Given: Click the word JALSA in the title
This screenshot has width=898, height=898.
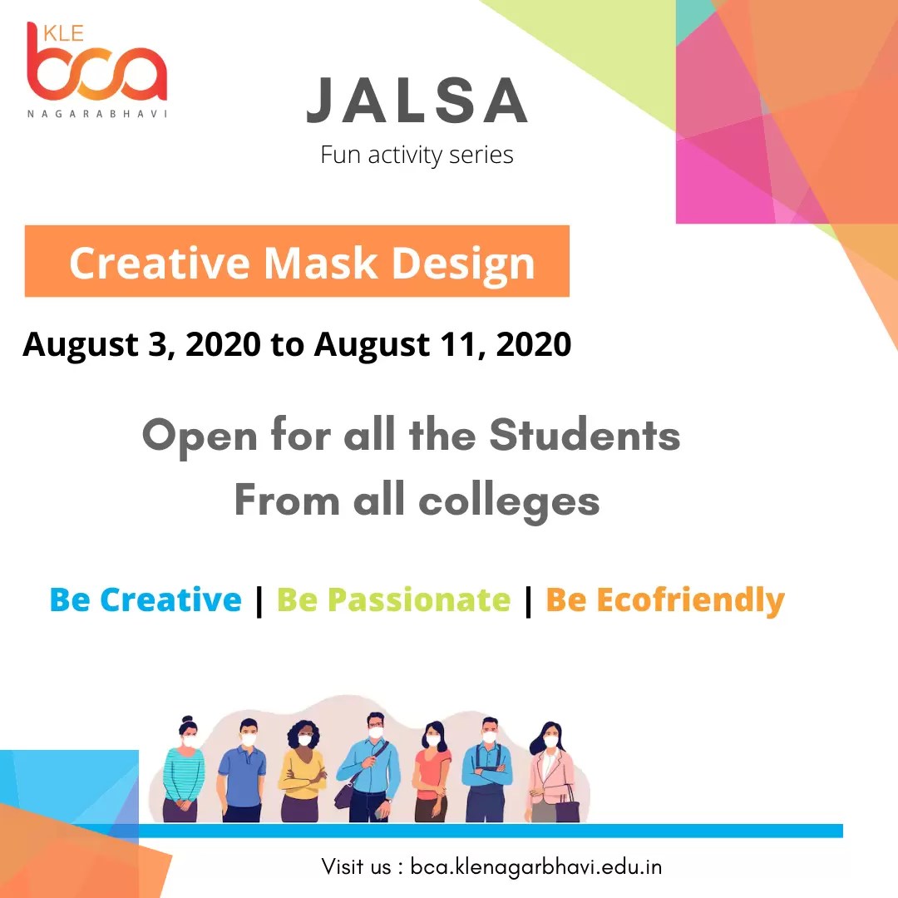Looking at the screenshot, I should (x=417, y=101).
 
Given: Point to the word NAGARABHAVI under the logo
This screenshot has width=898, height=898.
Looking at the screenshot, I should (x=96, y=113).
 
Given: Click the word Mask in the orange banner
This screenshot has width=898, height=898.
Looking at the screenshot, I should (x=323, y=263).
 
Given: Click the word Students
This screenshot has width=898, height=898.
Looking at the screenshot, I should (x=584, y=436).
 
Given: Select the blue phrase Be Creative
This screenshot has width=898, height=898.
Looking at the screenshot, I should (x=146, y=599).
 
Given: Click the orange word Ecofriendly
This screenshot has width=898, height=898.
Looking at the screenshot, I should (x=690, y=599).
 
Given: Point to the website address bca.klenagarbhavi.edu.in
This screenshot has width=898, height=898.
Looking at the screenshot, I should (x=536, y=866).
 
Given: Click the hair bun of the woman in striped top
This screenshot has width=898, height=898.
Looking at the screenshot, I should (x=187, y=720).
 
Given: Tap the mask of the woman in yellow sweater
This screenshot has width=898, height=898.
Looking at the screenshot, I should (x=304, y=740).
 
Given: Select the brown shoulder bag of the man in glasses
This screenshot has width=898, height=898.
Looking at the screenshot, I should (x=344, y=794).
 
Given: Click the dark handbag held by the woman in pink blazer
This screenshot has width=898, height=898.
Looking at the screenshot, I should (x=567, y=806).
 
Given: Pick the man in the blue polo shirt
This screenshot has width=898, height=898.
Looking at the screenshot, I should (x=243, y=769).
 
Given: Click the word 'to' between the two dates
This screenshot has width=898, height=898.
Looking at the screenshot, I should (x=287, y=344).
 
